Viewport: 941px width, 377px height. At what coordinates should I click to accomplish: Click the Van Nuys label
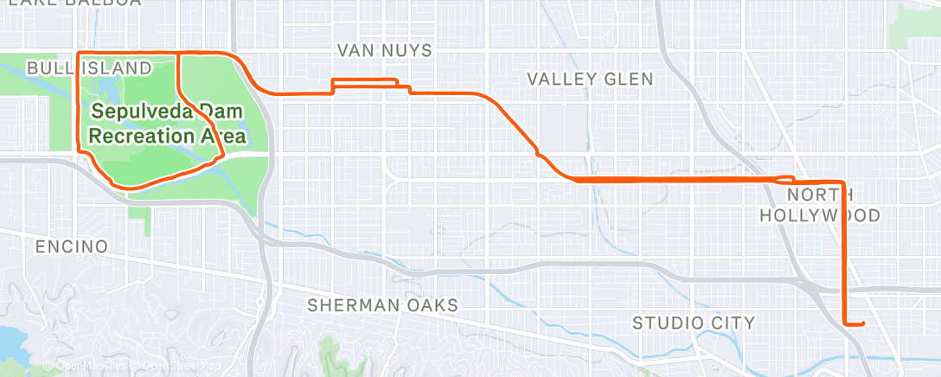point(384,51)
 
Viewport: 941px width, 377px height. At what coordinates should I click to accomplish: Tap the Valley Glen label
point(590,79)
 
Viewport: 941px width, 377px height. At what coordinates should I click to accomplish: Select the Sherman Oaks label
point(382,305)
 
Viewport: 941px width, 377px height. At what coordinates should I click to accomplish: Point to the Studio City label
point(694,323)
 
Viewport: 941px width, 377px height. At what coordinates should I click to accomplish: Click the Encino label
point(72,246)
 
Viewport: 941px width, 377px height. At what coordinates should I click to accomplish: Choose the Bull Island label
point(89,67)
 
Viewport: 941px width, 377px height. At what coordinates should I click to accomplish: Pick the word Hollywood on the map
point(819,215)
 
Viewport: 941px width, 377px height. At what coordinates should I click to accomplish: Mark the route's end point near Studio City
point(862,324)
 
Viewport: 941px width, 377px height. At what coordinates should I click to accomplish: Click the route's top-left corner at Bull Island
point(80,54)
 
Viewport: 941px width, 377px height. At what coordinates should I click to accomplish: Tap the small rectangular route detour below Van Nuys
point(365,84)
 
